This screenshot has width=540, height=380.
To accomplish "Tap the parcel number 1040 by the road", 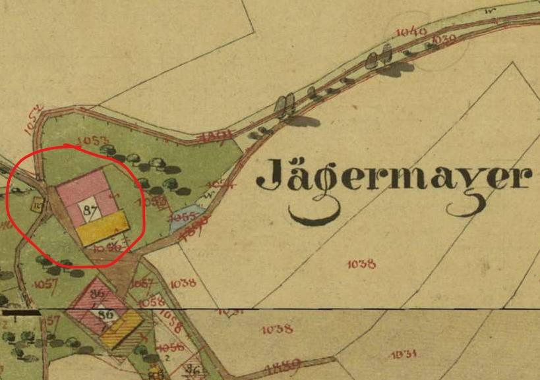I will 411,31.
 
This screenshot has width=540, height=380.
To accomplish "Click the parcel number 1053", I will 92,140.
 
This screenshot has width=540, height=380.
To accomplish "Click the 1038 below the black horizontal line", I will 277,329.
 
